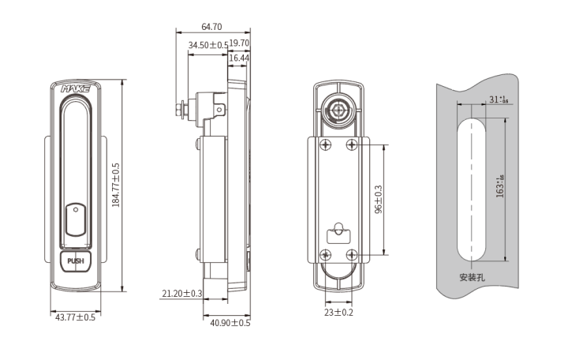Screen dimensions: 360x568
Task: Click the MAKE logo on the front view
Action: [76, 90]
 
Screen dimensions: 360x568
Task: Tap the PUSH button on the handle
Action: [75, 261]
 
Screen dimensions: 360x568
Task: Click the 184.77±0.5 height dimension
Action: [116, 185]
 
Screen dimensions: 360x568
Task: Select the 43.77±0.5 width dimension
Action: [74, 317]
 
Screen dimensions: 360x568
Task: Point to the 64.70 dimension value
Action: [211, 27]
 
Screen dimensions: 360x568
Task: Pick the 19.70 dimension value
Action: [239, 44]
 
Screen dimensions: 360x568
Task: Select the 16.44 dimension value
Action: [239, 58]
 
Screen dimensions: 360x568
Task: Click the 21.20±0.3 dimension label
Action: [182, 293]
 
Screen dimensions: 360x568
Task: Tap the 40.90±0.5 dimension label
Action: [230, 323]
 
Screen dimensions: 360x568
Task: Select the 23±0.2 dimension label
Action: [338, 313]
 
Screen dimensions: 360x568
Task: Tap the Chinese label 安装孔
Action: [472, 278]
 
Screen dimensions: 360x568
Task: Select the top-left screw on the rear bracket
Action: [324, 143]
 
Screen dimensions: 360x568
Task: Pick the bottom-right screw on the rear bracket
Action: [353, 254]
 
